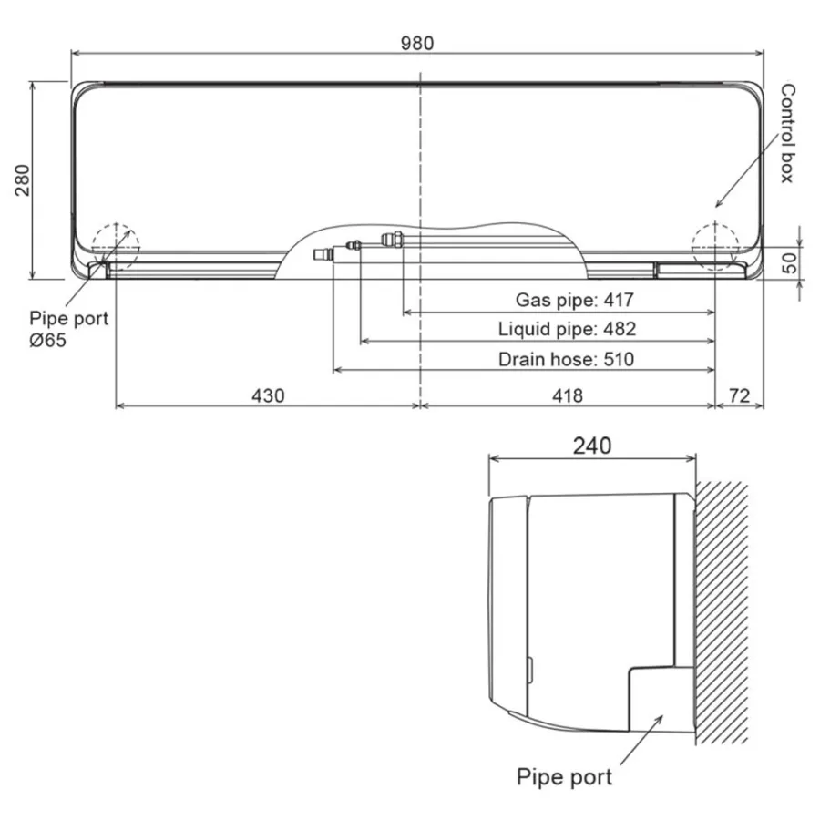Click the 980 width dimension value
[416, 43]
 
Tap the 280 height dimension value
[23, 180]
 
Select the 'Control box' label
[787, 133]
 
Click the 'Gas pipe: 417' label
[574, 300]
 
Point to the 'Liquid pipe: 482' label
[567, 329]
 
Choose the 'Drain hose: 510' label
[566, 359]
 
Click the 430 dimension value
[268, 396]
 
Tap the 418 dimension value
[568, 396]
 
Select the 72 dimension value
[739, 396]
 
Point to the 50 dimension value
[789, 262]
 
